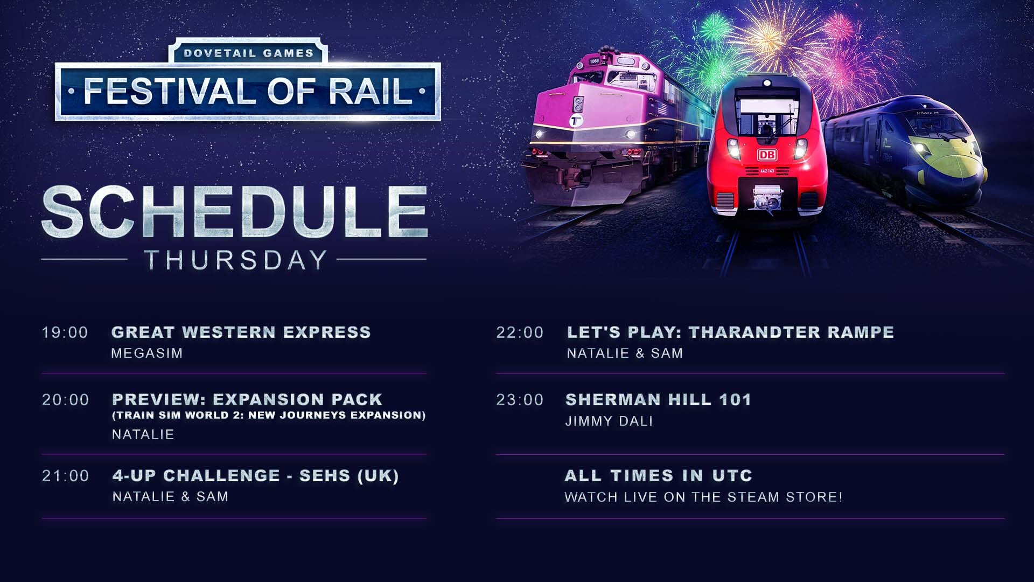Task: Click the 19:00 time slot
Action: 65,332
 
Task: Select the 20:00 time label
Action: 65,400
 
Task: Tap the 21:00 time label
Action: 65,476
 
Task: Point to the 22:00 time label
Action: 520,332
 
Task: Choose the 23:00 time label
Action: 520,400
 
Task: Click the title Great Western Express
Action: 241,332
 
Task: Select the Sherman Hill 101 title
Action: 658,400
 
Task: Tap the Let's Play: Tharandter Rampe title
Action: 730,332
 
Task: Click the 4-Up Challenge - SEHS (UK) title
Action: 255,476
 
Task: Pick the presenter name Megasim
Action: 147,354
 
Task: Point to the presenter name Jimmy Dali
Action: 609,421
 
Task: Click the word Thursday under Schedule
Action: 236,260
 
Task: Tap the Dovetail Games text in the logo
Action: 248,53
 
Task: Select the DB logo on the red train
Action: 767,155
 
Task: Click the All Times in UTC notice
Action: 658,476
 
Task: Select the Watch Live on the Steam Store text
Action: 703,497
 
